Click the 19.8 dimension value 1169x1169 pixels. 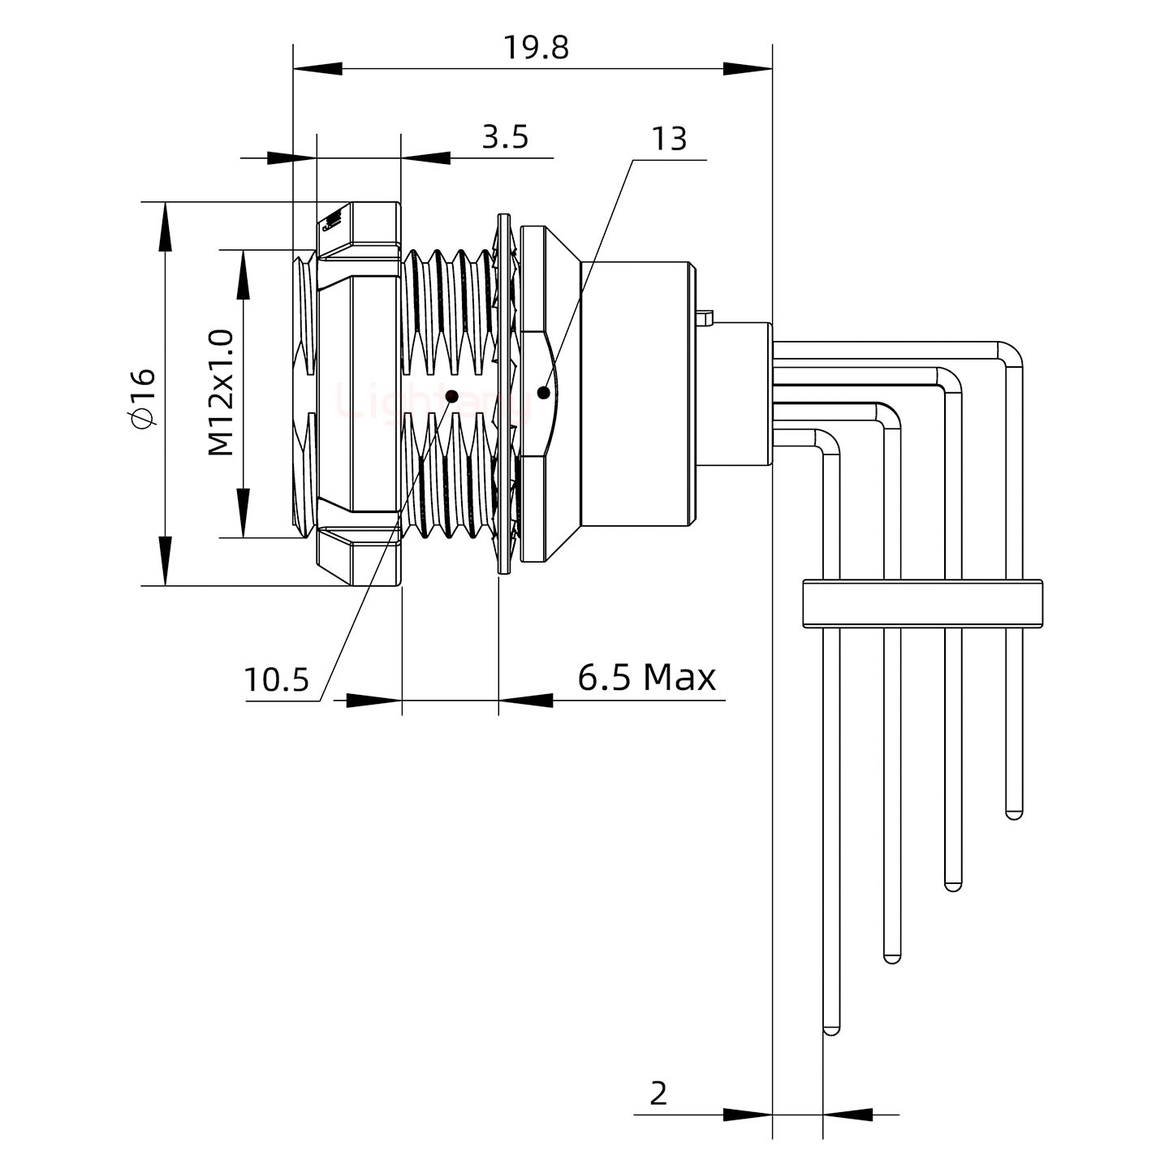pos(536,48)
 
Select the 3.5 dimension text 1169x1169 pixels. pos(505,137)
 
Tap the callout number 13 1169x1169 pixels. pos(670,140)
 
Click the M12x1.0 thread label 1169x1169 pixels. pos(221,393)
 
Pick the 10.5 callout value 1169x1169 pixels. pos(277,679)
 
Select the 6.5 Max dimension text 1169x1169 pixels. pos(646,677)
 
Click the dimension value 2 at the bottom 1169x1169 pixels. pos(658,1094)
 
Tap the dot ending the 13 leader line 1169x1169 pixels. pos(543,393)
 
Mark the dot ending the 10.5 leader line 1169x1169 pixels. pos(452,396)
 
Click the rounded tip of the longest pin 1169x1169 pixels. pos(831,1030)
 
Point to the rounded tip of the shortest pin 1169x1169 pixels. pos(1014,813)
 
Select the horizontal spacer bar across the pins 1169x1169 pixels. pos(922,603)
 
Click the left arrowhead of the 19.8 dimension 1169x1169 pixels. pos(317,69)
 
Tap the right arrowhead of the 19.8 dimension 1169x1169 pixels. pos(747,69)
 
